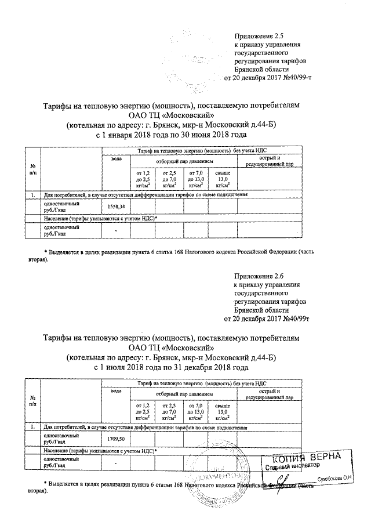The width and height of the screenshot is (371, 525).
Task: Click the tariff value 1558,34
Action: tap(117, 207)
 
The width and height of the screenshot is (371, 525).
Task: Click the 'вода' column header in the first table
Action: tap(116, 159)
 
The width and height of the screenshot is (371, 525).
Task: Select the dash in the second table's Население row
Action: tap(116, 463)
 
